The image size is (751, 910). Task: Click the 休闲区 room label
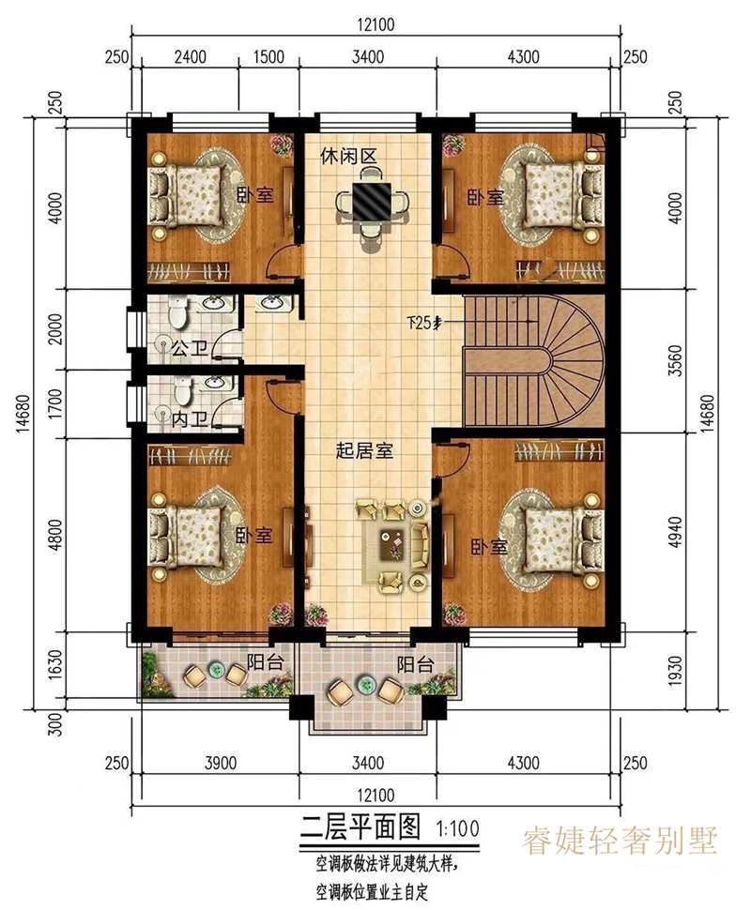pos(349,156)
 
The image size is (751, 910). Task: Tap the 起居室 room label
pos(364,450)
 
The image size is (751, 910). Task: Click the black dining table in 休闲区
pos(373,202)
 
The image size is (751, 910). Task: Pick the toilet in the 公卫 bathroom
pos(176,311)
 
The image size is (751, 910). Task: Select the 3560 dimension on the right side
pos(676,361)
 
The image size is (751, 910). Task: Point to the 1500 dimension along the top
pos(269,57)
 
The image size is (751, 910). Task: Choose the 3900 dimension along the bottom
pos(222,762)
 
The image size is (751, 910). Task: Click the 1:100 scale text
pos(458,827)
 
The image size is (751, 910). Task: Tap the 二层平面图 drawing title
pos(360,827)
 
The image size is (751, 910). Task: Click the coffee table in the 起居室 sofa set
pos(392,545)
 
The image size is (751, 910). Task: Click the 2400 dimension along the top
pos(191,57)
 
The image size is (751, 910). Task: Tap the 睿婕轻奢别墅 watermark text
pos(620,841)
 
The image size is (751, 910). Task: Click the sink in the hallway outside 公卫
pos(270,303)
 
